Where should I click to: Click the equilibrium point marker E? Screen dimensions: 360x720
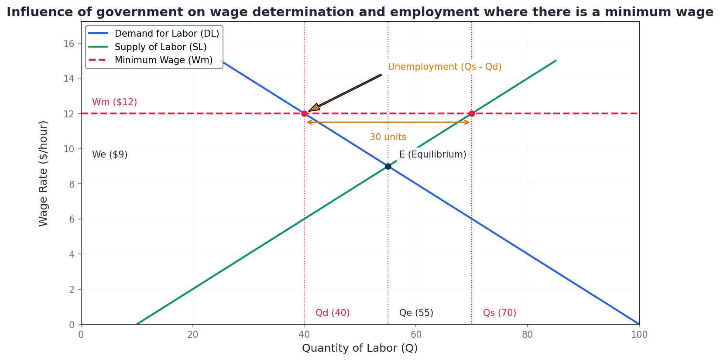click(x=388, y=166)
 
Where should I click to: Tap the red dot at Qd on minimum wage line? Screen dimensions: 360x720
click(x=304, y=113)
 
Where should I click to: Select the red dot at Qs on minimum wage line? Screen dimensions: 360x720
click(x=472, y=113)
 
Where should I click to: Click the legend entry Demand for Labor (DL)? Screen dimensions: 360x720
click(x=167, y=34)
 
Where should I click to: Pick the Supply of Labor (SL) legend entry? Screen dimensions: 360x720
click(x=161, y=47)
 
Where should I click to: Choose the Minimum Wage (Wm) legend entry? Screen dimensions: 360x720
click(x=164, y=60)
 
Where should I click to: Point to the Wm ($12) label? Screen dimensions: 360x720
click(x=114, y=102)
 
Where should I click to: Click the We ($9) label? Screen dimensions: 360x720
click(x=110, y=154)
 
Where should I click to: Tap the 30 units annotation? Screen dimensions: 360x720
click(x=387, y=137)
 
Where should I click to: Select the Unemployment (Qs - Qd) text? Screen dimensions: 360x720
click(x=444, y=67)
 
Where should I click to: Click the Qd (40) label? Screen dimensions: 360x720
click(x=333, y=313)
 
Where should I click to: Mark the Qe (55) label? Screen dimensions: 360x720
click(x=416, y=313)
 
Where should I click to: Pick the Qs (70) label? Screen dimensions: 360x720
click(x=499, y=313)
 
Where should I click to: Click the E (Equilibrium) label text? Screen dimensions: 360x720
click(x=432, y=154)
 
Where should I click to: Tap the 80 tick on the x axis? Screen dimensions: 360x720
click(x=527, y=335)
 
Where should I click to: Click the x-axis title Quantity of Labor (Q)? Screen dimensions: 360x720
click(x=360, y=348)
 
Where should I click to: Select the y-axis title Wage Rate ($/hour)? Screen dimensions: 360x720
click(x=43, y=173)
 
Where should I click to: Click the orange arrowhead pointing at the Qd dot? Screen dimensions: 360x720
click(x=314, y=108)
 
